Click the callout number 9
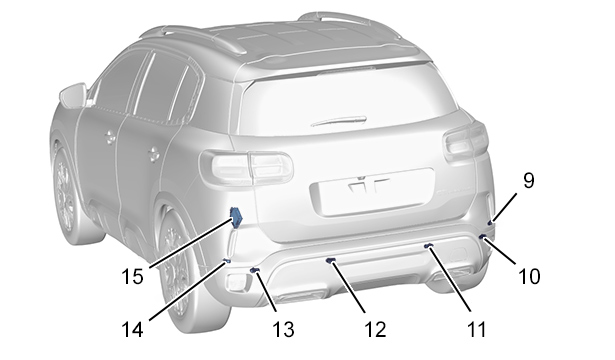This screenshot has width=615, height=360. pyautogui.click(x=528, y=181)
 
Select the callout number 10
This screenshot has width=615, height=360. pyautogui.click(x=529, y=276)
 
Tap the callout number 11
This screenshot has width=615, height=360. pyautogui.click(x=477, y=329)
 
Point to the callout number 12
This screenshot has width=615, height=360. pyautogui.click(x=375, y=329)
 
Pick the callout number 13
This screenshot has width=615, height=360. pyautogui.click(x=283, y=329)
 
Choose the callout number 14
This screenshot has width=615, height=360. pyautogui.click(x=132, y=329)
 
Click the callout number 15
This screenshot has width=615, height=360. pyautogui.click(x=132, y=276)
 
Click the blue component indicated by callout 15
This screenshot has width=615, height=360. pyautogui.click(x=236, y=217)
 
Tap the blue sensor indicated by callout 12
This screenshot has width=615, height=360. pyautogui.click(x=331, y=260)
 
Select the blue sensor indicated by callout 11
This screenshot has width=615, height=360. pyautogui.click(x=429, y=245)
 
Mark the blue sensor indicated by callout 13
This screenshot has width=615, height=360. pyautogui.click(x=255, y=270)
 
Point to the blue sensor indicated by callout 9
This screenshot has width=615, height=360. pyautogui.click(x=489, y=223)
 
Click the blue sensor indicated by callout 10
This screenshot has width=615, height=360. pyautogui.click(x=482, y=236)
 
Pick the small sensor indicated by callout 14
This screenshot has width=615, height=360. pyautogui.click(x=226, y=260)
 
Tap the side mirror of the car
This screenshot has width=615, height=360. pyautogui.click(x=73, y=95)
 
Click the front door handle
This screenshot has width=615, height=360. pyautogui.click(x=110, y=136)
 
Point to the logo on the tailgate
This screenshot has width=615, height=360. pyautogui.click(x=369, y=184)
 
